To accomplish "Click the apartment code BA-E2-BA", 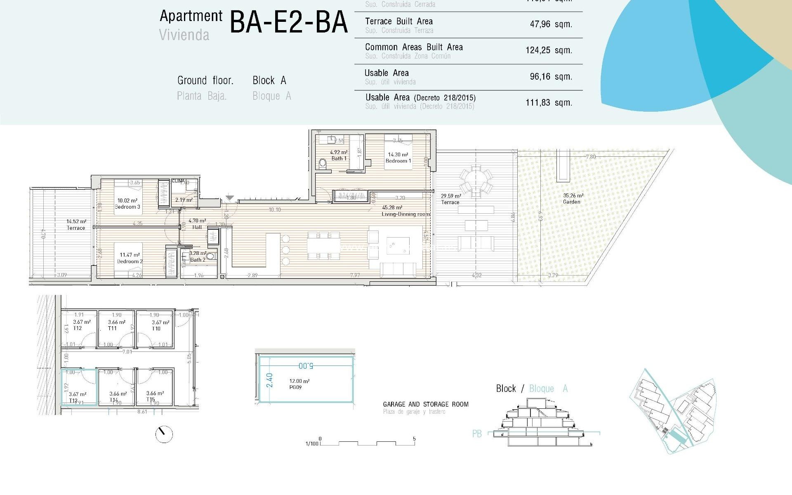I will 289,22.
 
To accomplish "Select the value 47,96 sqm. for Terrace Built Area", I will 551,24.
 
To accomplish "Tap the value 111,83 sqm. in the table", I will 549,103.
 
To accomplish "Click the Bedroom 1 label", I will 398,158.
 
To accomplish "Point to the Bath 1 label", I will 339,156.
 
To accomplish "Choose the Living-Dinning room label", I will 405,211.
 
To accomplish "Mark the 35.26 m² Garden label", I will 573,199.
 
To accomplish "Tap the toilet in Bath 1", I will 323,164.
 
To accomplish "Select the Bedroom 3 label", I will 127,204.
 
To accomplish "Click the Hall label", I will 197,224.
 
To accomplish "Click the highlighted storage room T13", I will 78,388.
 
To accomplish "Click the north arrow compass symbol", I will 164,434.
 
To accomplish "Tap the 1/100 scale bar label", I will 312,444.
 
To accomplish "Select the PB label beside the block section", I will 477,434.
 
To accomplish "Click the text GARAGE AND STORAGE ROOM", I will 425,404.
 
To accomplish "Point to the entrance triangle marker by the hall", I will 230,198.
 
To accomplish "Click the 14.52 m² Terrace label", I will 76,225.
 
